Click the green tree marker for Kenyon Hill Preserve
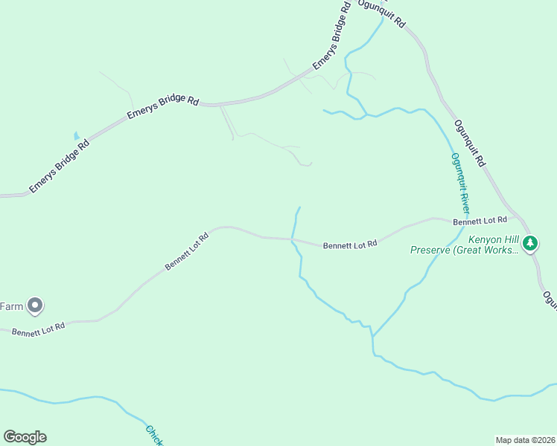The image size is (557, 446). coord(530,243)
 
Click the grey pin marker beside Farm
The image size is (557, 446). coord(35,306)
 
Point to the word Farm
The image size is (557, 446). coord(12,306)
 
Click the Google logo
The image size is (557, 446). coord(25,437)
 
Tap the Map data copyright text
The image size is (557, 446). coord(526,439)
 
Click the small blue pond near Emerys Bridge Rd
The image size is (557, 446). coord(75,136)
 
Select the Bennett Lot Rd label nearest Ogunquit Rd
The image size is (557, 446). coord(480,220)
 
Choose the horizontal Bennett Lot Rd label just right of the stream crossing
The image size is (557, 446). coord(350,244)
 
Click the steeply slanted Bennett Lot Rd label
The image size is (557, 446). coord(186,251)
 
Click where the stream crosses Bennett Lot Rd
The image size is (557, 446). coord(292,239)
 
